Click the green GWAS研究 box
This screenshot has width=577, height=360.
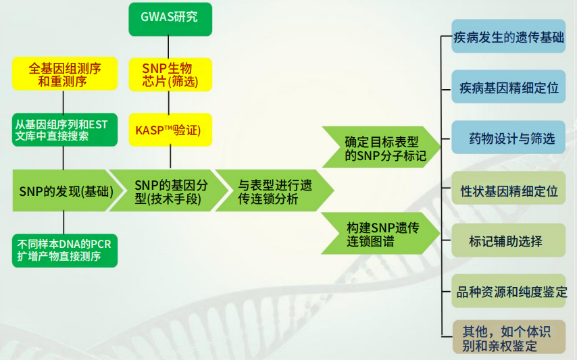coord(170,20)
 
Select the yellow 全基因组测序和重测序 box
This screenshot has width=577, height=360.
coord(64,75)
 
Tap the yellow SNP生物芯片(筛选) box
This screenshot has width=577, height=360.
coord(170,75)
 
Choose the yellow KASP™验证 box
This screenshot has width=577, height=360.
coord(170,129)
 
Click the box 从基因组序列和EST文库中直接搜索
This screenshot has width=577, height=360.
coord(64,129)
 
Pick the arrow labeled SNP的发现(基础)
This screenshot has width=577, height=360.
coord(61,191)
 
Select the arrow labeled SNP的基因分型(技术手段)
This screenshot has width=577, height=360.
coord(162,191)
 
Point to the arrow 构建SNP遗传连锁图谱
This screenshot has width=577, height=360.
coord(378,234)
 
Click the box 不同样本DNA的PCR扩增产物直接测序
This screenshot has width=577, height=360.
coord(64,250)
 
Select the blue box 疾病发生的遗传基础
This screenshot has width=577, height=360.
coord(508,36)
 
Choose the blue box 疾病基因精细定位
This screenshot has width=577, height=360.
coord(508,88)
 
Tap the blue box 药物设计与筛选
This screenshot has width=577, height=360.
coord(508,138)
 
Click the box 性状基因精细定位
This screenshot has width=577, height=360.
coord(508,190)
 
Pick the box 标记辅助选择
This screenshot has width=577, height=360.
coord(508,240)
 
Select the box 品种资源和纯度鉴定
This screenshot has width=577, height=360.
coord(508,292)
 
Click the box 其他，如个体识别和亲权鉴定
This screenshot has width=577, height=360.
coord(508,338)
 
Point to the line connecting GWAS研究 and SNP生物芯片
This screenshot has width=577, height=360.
coord(170,47)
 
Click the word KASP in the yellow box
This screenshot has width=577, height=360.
coord(150,129)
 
